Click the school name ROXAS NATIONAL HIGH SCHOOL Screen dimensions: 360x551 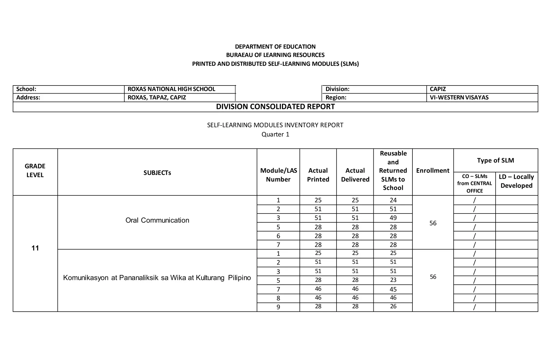pyautogui.click(x=171, y=89)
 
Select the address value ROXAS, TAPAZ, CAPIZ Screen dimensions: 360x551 pyautogui.click(x=157, y=98)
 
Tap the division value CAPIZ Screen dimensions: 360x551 pyautogui.click(x=438, y=89)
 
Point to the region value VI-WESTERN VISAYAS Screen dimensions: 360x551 pyautogui.click(x=459, y=98)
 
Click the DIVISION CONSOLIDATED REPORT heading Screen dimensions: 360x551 pyautogui.click(x=275, y=107)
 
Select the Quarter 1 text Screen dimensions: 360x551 pyautogui.click(x=275, y=134)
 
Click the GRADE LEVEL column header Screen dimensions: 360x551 pyautogui.click(x=35, y=171)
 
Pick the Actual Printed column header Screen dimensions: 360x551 pyautogui.click(x=318, y=175)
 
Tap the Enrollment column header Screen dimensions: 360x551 pyautogui.click(x=433, y=171)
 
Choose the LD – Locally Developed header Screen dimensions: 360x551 pyautogui.click(x=516, y=181)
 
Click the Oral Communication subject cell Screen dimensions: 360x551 pyautogui.click(x=157, y=220)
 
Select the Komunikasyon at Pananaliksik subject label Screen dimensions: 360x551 pyautogui.click(x=157, y=278)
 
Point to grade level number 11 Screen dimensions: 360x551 pyautogui.click(x=35, y=248)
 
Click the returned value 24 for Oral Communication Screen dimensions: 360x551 pyautogui.click(x=393, y=200)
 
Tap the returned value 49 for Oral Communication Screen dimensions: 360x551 pyautogui.click(x=393, y=218)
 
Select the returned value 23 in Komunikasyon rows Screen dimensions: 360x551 pyautogui.click(x=393, y=280)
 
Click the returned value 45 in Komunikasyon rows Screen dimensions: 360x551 pyautogui.click(x=393, y=289)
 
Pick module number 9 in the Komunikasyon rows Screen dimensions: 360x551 pyautogui.click(x=278, y=307)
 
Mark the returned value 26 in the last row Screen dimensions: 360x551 pyautogui.click(x=393, y=306)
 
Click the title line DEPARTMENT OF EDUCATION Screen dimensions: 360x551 pyautogui.click(x=275, y=47)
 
